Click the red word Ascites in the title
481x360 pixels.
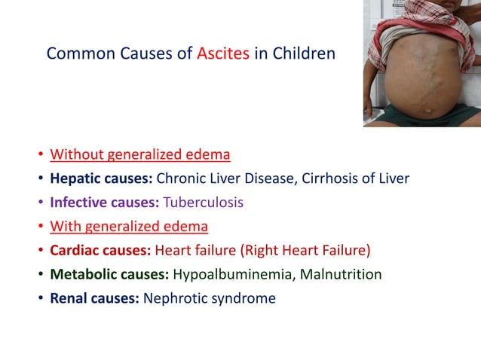pyautogui.click(x=222, y=54)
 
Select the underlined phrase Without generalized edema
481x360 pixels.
pyautogui.click(x=140, y=156)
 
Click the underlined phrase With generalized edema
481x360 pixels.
pyautogui.click(x=129, y=227)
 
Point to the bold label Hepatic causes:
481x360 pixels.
pyautogui.click(x=101, y=179)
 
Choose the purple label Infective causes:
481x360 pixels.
pyautogui.click(x=105, y=203)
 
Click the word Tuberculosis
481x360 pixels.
pyautogui.click(x=204, y=203)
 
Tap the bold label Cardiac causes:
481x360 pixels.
pyautogui.click(x=102, y=251)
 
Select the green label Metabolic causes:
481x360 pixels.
pyautogui.click(x=110, y=274)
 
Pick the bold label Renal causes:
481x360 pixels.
pyautogui.click(x=94, y=298)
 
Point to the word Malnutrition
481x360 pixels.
pyautogui.click(x=341, y=274)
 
